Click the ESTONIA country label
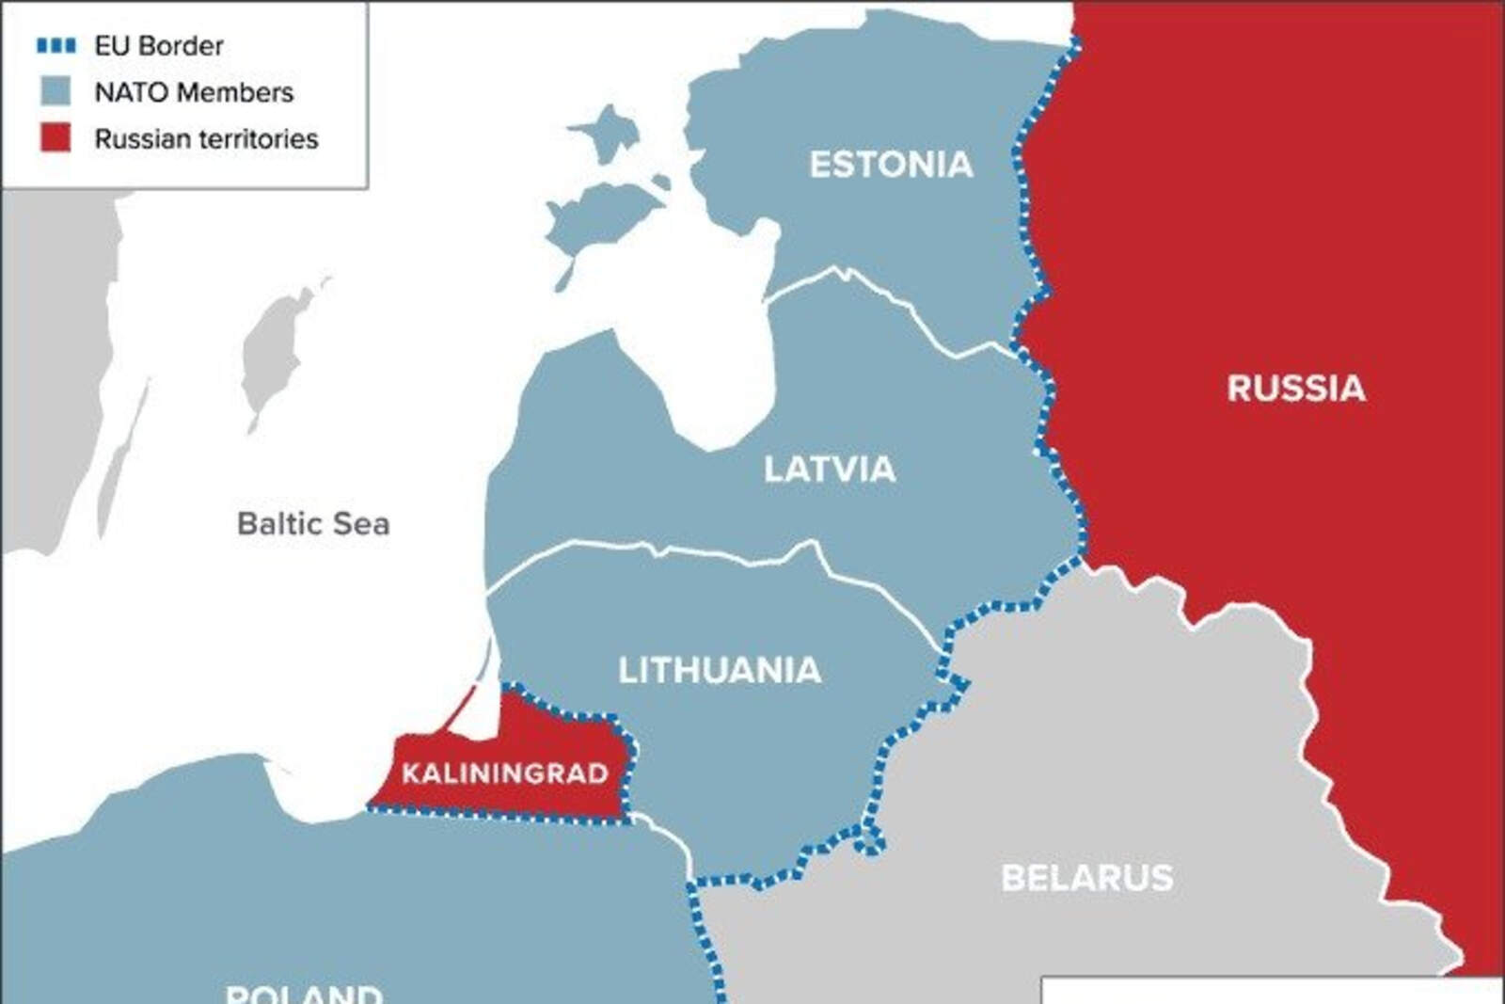click(x=891, y=165)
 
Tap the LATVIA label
click(x=829, y=469)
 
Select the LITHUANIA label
click(x=720, y=670)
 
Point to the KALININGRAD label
click(x=505, y=773)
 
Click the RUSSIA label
click(x=1295, y=389)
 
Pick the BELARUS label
click(x=1086, y=878)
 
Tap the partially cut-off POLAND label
click(x=304, y=993)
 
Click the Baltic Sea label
click(x=313, y=523)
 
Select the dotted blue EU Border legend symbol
click(x=55, y=45)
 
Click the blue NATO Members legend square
click(x=55, y=91)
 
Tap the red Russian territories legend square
click(x=55, y=137)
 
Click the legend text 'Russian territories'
click(x=206, y=138)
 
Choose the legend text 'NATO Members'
click(x=194, y=92)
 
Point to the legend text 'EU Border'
click(x=159, y=45)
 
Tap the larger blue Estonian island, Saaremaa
click(x=602, y=216)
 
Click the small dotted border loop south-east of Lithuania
click(x=871, y=840)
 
